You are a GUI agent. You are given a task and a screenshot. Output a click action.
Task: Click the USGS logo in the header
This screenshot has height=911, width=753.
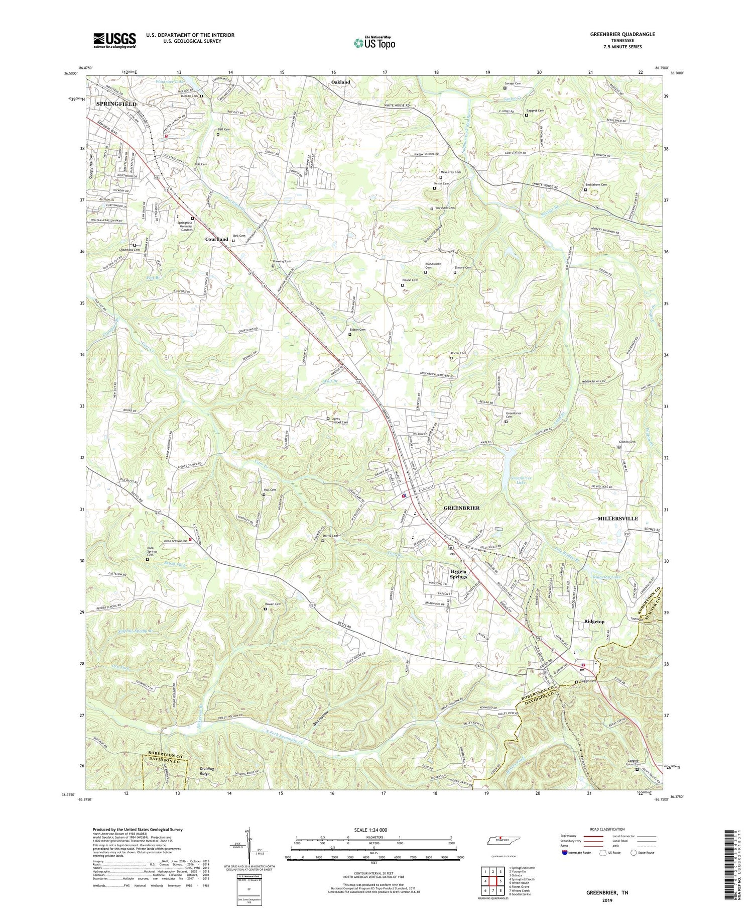tap(114, 40)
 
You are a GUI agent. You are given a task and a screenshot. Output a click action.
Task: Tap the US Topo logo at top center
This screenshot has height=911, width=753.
tap(374, 42)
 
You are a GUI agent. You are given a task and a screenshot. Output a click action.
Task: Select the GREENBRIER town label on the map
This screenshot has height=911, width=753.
tap(461, 508)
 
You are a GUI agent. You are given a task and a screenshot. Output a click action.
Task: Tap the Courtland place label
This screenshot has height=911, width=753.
tap(216, 239)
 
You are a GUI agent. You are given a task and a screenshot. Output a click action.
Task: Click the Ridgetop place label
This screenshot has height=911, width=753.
tap(594, 622)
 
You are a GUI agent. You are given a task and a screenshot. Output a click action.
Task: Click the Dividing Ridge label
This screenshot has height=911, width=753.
tap(207, 771)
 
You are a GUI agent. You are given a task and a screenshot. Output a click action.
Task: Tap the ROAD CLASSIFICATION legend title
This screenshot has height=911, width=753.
tap(607, 829)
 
